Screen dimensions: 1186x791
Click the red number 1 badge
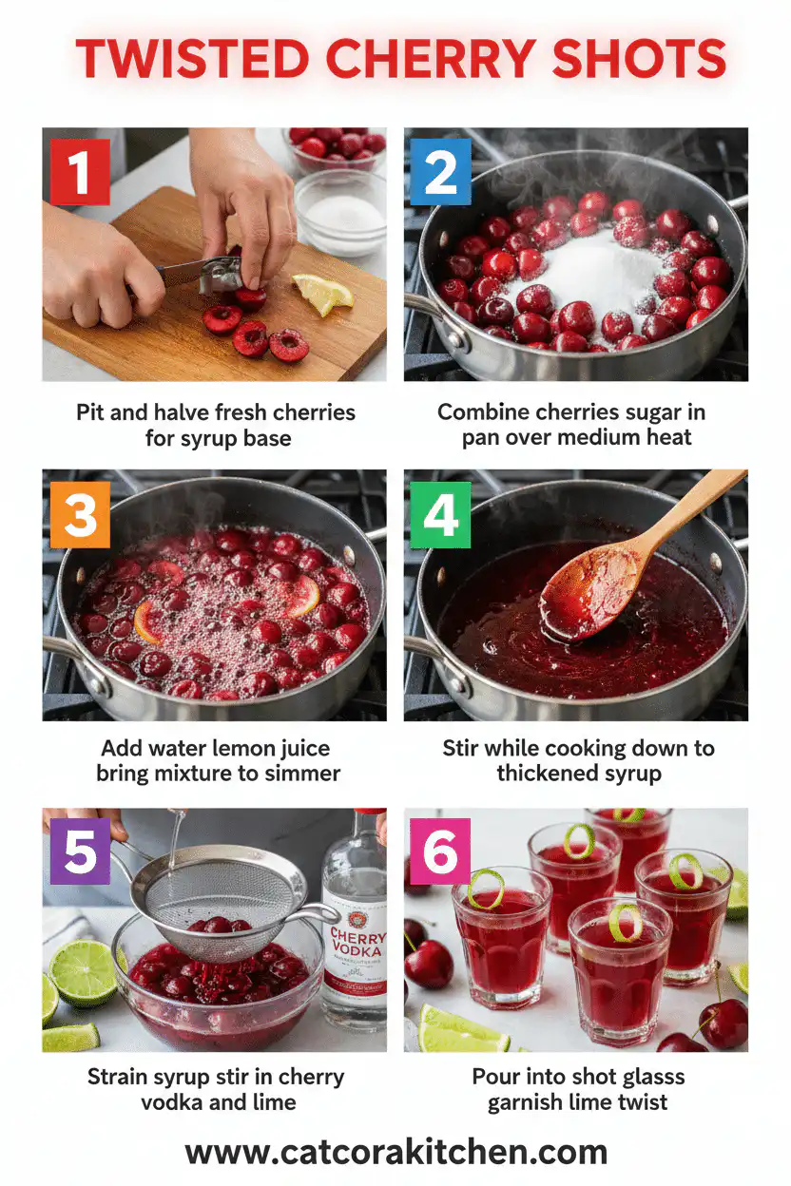click(80, 172)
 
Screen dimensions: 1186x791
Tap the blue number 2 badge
click(440, 172)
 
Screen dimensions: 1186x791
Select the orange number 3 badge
click(80, 514)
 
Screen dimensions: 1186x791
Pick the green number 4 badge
click(440, 514)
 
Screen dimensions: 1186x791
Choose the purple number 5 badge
click(80, 851)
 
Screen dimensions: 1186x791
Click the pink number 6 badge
click(440, 851)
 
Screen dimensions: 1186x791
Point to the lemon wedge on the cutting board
click(322, 294)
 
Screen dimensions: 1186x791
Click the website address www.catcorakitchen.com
click(395, 1152)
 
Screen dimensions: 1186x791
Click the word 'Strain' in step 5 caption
click(121, 1077)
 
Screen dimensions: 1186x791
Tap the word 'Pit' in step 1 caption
click(92, 412)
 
